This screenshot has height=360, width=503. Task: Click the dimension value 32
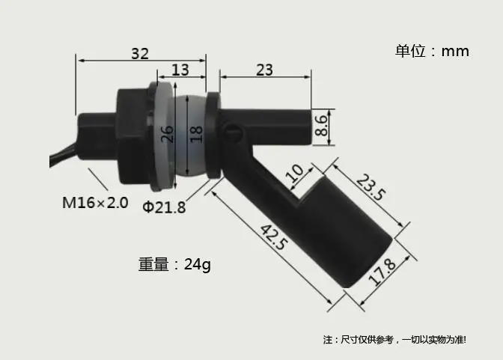140,54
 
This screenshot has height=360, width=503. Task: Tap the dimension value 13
180,70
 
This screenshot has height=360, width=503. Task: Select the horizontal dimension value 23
265,70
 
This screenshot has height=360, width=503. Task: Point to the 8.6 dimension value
321,126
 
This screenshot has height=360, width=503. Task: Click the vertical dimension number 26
167,134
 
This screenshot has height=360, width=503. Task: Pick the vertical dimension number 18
196,134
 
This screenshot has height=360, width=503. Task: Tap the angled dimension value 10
295,174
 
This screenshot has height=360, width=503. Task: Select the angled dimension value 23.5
371,187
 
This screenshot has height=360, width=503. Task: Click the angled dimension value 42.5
272,237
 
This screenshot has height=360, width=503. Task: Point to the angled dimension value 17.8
382,272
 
